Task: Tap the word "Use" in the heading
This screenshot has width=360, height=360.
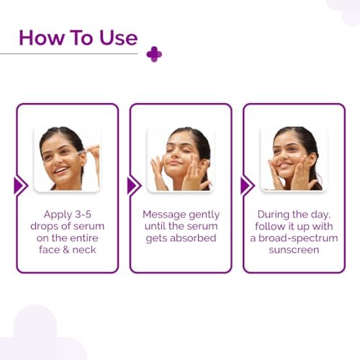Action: click(x=119, y=37)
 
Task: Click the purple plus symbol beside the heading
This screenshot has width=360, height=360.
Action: click(x=154, y=54)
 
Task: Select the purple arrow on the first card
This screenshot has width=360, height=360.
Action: click(x=21, y=186)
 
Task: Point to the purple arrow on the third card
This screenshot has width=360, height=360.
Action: click(x=248, y=186)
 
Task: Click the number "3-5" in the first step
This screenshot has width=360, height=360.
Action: click(x=83, y=215)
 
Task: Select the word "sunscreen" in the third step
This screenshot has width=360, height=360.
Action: click(x=294, y=250)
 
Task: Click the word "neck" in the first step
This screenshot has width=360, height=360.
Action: click(x=84, y=250)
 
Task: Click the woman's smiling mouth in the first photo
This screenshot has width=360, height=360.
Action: click(x=61, y=170)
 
